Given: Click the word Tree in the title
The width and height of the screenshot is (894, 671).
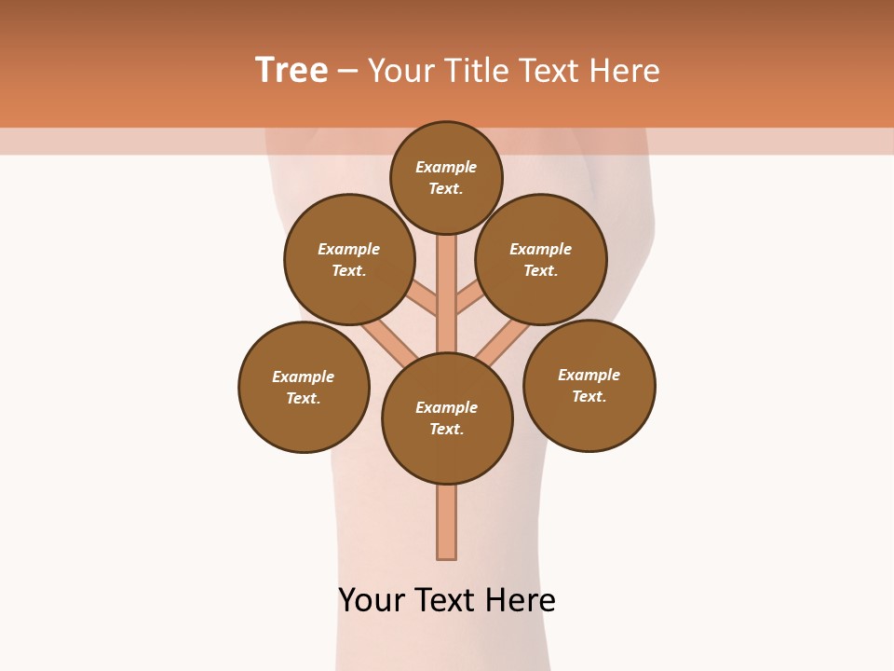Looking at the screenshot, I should pos(291,71).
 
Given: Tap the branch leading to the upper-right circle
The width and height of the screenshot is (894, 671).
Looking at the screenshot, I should pos(468,300).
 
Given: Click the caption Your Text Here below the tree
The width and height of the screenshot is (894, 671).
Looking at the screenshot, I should pos(447,600).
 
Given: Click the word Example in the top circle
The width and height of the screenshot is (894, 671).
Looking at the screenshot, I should pos(446,168).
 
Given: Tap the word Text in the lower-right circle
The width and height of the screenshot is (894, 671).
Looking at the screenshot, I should pos(589,397).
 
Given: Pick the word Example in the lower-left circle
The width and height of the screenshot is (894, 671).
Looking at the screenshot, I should pos(303,377).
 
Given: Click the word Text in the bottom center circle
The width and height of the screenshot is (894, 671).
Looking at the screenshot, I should pos(445,430).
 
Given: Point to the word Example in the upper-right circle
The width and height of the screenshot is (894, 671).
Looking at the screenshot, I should pos(540,250).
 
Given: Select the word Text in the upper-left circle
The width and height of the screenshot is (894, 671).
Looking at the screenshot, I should pos(348,271).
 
